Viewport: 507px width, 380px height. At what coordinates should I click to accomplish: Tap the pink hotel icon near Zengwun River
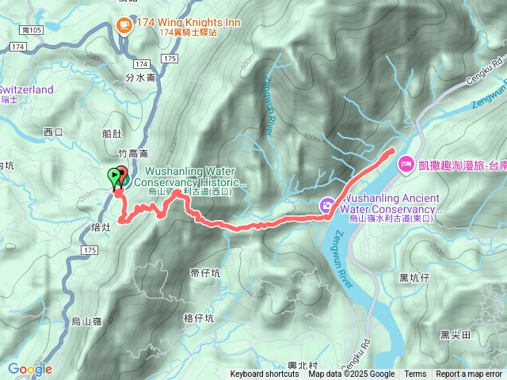click(406, 164)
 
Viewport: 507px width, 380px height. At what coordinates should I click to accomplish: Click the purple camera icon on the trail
click(326, 207)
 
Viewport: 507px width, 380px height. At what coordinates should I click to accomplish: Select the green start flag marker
click(115, 176)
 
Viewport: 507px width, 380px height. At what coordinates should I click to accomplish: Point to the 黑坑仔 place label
click(414, 277)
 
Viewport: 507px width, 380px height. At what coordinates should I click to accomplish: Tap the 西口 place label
click(53, 131)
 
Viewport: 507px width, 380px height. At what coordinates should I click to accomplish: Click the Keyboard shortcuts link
click(265, 374)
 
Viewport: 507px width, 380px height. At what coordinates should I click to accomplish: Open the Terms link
click(415, 374)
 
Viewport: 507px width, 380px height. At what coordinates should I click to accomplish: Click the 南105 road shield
click(32, 29)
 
